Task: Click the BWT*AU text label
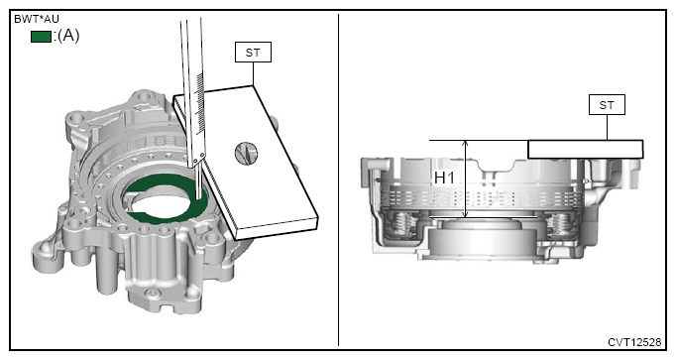pyautogui.click(x=37, y=19)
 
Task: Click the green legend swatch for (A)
pyautogui.click(x=41, y=37)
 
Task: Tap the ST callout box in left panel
pyautogui.click(x=253, y=53)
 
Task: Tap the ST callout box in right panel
pyautogui.click(x=607, y=105)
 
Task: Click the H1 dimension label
pyautogui.click(x=444, y=178)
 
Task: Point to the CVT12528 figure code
pyautogui.click(x=634, y=342)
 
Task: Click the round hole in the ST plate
pyautogui.click(x=246, y=154)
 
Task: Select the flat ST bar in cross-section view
pyautogui.click(x=586, y=149)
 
